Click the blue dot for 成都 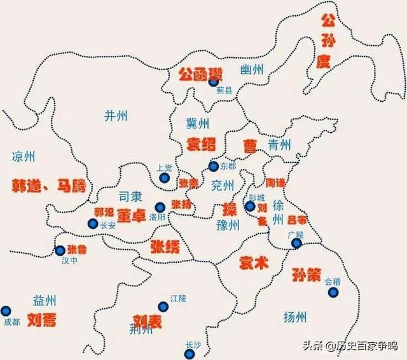(6, 311)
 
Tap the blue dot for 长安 (93, 224)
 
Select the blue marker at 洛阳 (160, 207)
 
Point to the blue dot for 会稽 (333, 293)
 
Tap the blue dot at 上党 (164, 178)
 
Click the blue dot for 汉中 (60, 251)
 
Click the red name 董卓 (132, 216)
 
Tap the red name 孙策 (308, 275)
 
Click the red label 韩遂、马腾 (48, 186)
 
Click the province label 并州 (116, 115)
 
